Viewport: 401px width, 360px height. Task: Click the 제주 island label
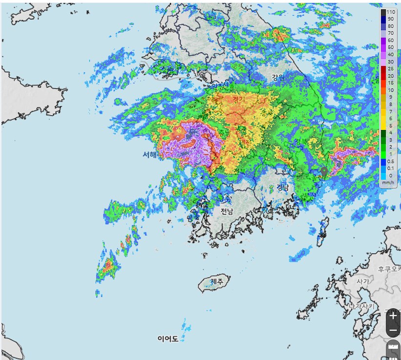(217, 282)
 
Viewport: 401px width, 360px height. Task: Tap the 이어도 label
(168, 339)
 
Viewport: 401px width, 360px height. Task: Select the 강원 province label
(278, 77)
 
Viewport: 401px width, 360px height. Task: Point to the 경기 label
(239, 99)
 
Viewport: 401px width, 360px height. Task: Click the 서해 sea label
(149, 155)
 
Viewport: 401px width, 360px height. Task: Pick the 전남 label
(227, 212)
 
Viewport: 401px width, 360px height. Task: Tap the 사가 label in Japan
(362, 281)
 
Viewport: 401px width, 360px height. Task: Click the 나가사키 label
(361, 306)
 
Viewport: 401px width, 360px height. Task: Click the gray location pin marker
(324, 172)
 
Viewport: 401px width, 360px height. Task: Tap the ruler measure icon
(393, 350)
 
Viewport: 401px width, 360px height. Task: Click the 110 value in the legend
(391, 12)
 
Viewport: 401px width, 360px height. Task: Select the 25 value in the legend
(390, 69)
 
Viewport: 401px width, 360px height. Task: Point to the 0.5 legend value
(391, 161)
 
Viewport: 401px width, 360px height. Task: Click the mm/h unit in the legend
(388, 183)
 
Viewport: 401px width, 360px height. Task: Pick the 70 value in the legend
(390, 33)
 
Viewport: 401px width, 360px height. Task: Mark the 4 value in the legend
(390, 132)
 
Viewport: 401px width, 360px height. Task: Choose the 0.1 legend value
(391, 168)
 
